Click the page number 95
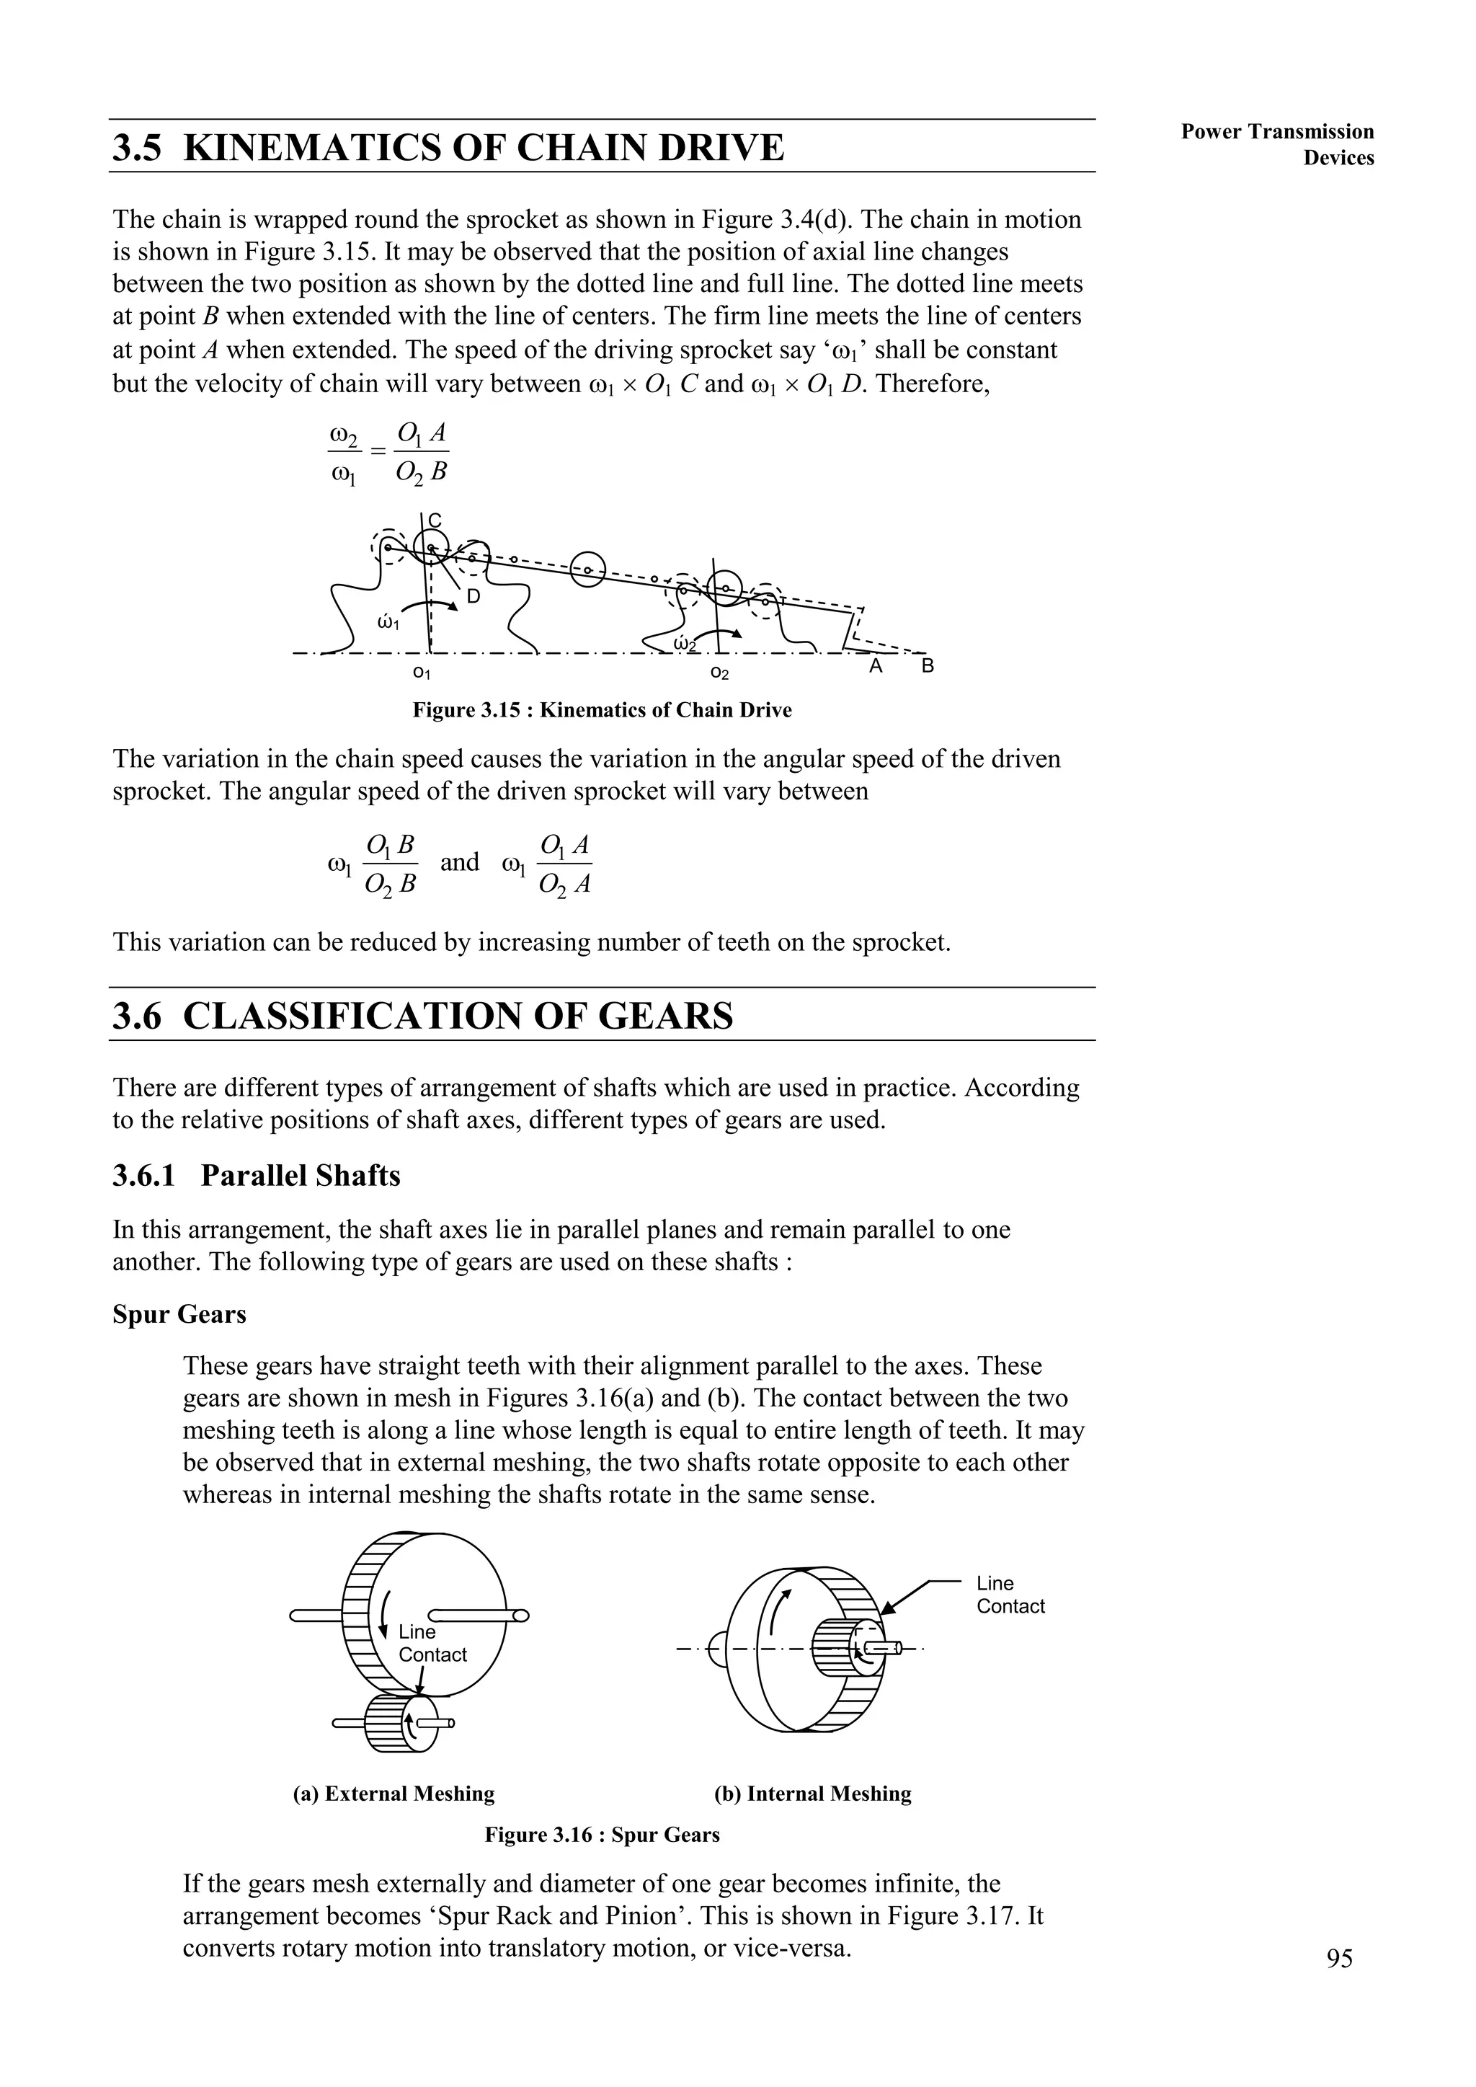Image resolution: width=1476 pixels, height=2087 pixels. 1339,1983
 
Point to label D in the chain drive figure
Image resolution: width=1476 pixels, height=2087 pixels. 473,597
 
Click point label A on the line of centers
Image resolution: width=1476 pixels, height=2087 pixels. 876,666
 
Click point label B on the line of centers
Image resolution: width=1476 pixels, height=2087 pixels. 927,666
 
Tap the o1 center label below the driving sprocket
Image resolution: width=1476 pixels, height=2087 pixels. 421,673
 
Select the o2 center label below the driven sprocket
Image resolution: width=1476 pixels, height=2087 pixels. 719,673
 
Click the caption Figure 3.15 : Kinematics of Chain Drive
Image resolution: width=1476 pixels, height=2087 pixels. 602,711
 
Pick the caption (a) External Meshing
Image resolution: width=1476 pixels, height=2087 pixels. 394,1794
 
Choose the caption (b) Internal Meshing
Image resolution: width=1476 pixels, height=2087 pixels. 812,1794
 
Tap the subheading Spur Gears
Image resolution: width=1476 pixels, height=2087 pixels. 179,1316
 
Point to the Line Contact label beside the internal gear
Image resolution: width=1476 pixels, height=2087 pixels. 1010,1595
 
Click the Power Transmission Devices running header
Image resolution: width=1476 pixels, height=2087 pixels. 1277,144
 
